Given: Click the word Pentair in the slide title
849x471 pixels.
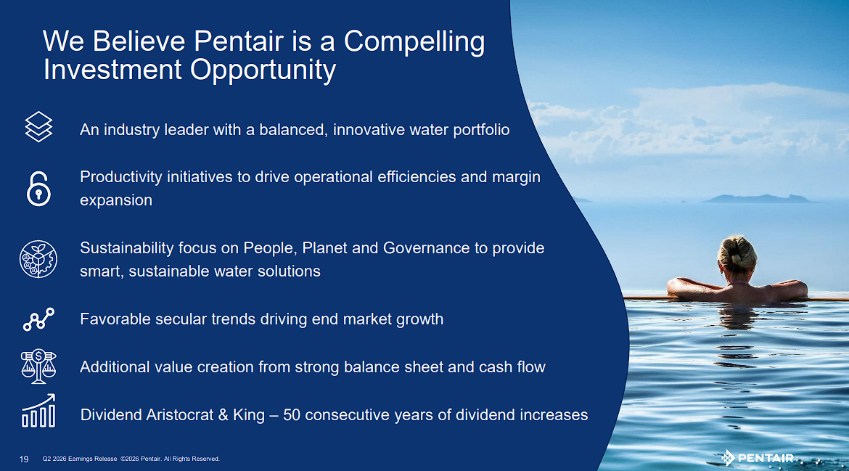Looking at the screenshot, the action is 238,41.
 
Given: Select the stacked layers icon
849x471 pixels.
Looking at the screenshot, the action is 38,127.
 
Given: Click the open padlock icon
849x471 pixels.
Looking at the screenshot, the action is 38,189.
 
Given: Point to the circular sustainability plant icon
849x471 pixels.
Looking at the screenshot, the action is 38,259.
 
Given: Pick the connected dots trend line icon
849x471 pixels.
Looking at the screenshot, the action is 38,319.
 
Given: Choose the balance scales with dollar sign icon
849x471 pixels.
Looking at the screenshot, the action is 38,366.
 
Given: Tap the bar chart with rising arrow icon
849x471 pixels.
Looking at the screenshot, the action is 38,411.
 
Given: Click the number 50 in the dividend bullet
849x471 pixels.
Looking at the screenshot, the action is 292,414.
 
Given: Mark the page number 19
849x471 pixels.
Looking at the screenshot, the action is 24,459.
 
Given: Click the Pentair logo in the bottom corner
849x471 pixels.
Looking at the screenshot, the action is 758,458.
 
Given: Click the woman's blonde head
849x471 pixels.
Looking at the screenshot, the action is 737,255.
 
